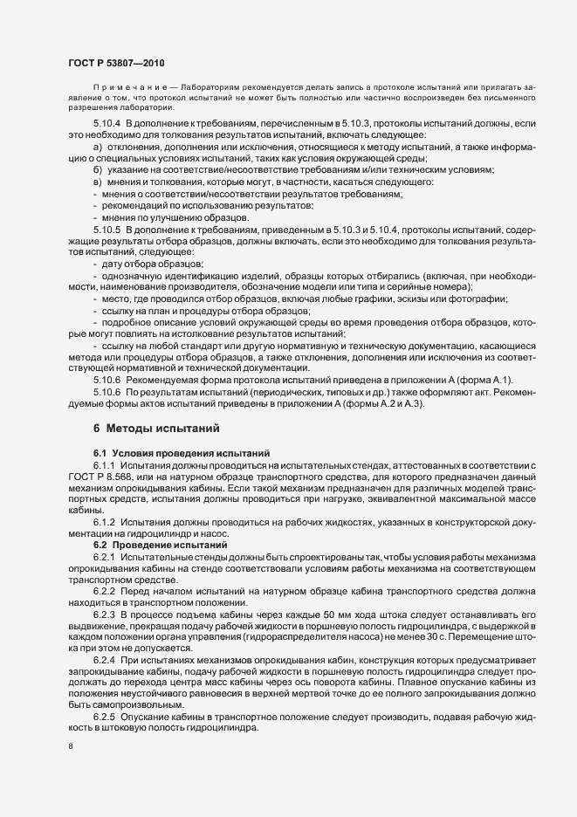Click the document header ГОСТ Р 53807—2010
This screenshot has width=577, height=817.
tap(114, 64)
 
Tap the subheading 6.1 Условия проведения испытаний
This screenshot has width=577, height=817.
tap(169, 453)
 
